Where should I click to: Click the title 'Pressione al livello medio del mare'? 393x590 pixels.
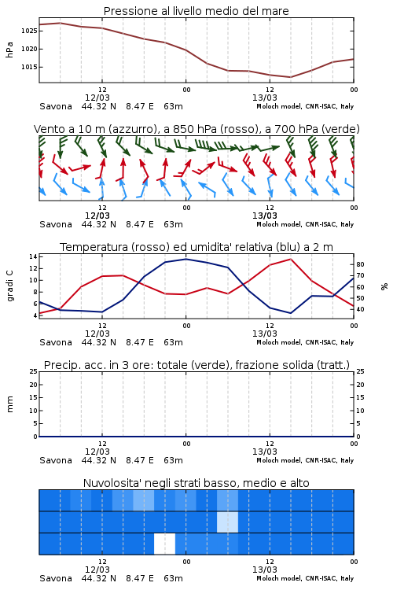[196, 11]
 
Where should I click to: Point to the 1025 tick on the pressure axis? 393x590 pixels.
[29, 31]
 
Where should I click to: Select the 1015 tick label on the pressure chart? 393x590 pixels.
[29, 68]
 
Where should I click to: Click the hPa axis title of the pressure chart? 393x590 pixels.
[9, 50]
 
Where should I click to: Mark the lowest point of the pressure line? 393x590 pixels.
[290, 77]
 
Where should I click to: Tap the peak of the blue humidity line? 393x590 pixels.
[185, 259]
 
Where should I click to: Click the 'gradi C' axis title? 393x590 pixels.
[10, 286]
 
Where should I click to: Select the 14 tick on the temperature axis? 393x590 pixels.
[33, 256]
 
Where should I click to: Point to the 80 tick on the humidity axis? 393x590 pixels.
[360, 264]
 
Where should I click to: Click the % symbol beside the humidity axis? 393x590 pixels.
[384, 286]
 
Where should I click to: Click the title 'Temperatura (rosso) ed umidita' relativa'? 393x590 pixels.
[196, 247]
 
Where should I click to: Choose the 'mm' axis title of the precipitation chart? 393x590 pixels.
[9, 404]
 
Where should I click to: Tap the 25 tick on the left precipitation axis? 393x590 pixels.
[34, 371]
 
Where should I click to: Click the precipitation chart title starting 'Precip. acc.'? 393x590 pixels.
[196, 365]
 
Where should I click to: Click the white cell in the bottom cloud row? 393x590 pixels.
[165, 544]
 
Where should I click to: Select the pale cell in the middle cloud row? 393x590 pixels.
[227, 522]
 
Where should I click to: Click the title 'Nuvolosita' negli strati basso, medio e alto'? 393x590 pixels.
[196, 483]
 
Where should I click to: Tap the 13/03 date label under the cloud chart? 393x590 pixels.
[265, 570]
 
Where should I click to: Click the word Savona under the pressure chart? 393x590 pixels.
[56, 106]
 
